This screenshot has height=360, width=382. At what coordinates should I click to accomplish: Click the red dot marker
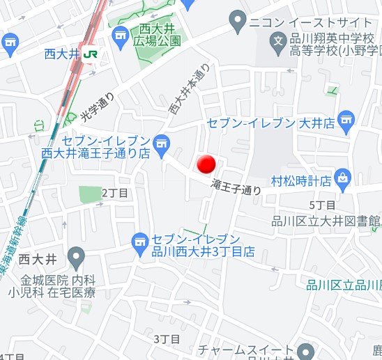click(206, 165)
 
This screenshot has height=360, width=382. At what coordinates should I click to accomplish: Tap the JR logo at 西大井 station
click(90, 53)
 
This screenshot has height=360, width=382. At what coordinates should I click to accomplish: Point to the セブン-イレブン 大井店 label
click(280, 123)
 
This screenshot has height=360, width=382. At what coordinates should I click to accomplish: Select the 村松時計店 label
click(300, 181)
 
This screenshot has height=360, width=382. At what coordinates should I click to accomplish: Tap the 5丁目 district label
click(322, 205)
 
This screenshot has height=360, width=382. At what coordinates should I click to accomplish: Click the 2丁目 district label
click(115, 192)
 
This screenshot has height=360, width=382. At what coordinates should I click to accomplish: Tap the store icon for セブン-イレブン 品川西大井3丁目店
click(139, 241)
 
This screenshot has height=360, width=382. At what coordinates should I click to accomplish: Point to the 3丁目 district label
click(167, 339)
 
